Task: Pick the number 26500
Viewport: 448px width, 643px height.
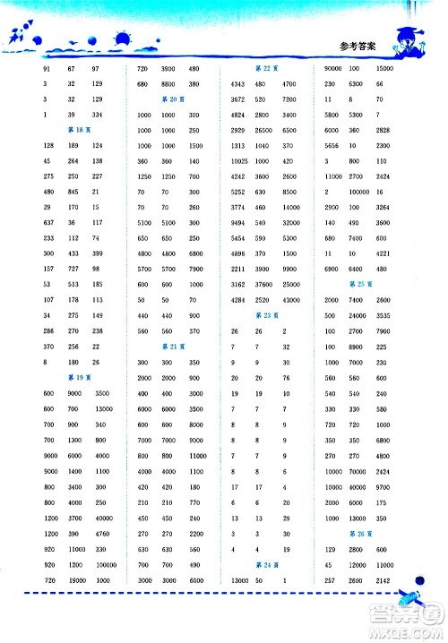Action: pos(263,130)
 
